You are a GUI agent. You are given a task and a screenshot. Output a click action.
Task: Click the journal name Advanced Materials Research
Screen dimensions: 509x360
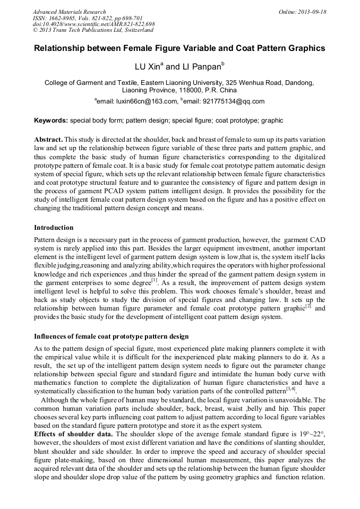[x=69, y=12]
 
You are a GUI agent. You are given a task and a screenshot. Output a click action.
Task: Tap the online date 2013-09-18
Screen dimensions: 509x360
[x=314, y=12]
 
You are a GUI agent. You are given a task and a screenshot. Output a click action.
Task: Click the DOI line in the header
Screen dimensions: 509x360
[x=93, y=24]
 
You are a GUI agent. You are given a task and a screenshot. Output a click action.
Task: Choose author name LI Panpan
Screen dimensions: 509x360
[x=202, y=67]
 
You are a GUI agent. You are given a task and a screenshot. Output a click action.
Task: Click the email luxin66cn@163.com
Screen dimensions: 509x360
[x=146, y=101]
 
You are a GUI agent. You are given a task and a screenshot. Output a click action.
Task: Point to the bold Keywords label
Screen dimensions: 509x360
[x=51, y=120]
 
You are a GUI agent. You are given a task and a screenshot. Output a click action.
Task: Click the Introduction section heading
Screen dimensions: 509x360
[x=54, y=228]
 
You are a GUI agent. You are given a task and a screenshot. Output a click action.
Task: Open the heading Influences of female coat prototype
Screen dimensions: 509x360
[x=111, y=337]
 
